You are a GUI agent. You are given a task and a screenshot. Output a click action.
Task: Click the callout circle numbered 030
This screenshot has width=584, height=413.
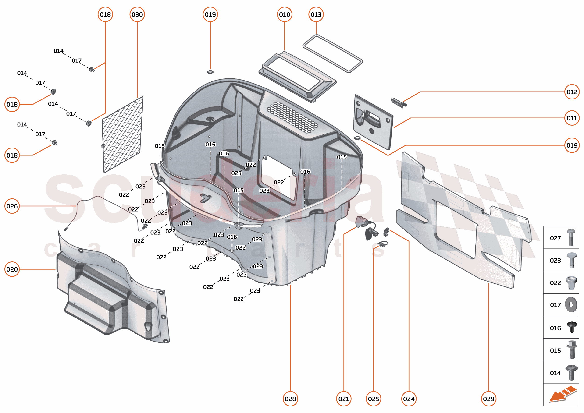[x=137, y=14]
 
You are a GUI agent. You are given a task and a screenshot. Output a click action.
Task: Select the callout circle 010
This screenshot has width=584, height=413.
[x=284, y=14]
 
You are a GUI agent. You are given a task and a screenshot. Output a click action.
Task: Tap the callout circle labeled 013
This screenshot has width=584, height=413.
[x=316, y=14]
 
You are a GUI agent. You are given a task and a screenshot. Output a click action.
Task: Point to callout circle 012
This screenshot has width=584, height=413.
[x=572, y=92]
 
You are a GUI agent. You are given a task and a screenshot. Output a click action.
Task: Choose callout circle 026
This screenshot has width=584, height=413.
[x=12, y=206]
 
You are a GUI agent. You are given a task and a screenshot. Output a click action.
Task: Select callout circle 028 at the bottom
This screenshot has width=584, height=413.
[x=290, y=399]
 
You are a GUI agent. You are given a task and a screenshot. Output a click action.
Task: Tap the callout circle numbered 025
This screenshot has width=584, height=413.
[x=373, y=399]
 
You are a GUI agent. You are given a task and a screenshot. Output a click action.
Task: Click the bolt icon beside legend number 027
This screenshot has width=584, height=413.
[x=571, y=237]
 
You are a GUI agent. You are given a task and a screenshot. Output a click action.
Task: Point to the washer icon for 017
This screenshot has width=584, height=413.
[x=571, y=304]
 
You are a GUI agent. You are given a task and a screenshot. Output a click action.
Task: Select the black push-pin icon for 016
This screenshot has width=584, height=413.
[x=572, y=327]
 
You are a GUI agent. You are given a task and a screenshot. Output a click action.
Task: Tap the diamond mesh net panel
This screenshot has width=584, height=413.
[x=122, y=135]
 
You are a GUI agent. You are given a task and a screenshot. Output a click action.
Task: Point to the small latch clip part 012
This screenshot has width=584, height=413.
[x=398, y=102]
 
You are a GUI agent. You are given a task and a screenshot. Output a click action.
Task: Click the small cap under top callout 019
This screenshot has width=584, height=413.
[x=210, y=72]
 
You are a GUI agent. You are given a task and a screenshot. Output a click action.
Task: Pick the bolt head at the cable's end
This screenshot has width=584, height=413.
[x=145, y=226]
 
